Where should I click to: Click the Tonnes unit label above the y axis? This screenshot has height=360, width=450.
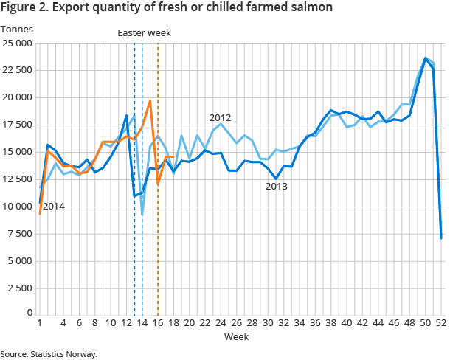pos(16,29)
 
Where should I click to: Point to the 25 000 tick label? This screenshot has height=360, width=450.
pos(17,43)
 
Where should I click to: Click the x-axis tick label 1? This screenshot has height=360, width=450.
pos(39,323)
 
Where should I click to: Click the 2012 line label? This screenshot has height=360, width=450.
pos(221,117)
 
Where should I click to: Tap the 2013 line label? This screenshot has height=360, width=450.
pos(277,187)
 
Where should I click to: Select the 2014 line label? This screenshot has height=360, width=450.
pos(53,207)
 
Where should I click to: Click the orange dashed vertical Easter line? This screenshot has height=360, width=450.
pos(158,221)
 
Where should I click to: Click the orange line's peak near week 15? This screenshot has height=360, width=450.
pos(150,101)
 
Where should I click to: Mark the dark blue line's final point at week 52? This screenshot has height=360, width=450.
pos(441,238)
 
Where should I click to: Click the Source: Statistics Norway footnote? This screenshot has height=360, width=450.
pos(49,354)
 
